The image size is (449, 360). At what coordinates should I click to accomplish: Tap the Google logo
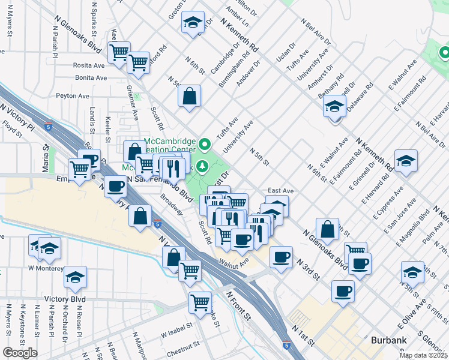pos(20,353)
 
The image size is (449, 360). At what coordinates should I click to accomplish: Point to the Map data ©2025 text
pos(423,356)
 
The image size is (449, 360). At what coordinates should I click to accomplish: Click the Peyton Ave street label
pos(73,95)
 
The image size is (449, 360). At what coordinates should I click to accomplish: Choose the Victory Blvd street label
pos(64,299)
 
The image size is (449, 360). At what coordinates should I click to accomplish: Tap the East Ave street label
pos(280,191)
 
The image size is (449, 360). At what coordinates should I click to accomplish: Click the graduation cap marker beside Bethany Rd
pos(334,107)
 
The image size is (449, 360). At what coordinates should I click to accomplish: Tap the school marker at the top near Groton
pos(192,23)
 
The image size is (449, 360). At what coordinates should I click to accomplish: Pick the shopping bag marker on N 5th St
pos(189,95)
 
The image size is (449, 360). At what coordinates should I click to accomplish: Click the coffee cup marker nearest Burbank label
pos(343,291)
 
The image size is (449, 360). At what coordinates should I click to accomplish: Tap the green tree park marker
pos(203,166)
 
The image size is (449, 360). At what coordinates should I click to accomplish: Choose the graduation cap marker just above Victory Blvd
pos(76,277)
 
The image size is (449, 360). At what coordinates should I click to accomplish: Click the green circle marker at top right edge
pos(444,53)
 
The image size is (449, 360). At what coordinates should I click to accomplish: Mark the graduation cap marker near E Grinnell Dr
pos(406,161)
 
